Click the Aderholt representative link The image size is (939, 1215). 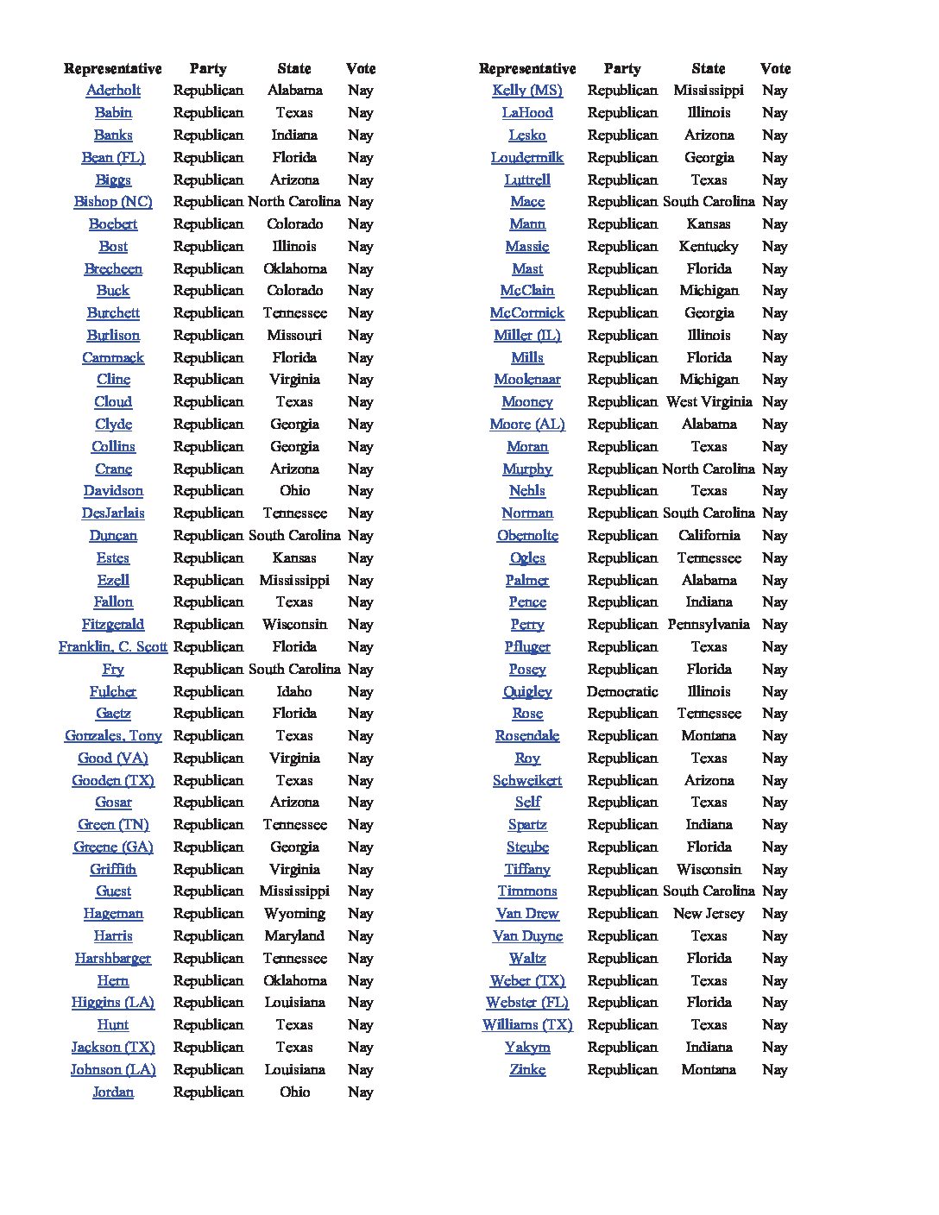(113, 91)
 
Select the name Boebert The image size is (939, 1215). (113, 224)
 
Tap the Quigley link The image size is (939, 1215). (527, 692)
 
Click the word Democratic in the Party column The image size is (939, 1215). (622, 692)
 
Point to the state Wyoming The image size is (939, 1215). (294, 914)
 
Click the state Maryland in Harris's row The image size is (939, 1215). (294, 936)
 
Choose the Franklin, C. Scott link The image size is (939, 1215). (113, 647)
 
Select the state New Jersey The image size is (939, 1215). (709, 914)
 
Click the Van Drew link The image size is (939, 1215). (527, 914)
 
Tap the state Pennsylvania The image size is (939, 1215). (709, 625)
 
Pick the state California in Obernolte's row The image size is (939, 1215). (709, 536)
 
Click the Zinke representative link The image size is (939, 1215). (527, 1070)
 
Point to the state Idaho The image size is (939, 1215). (294, 692)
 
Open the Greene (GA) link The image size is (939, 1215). (113, 847)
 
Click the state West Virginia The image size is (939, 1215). (709, 402)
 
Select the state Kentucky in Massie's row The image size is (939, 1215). (709, 247)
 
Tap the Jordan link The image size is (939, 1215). (113, 1092)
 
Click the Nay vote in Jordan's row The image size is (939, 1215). (360, 1092)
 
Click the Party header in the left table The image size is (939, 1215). (208, 69)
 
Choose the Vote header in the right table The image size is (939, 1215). (775, 69)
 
